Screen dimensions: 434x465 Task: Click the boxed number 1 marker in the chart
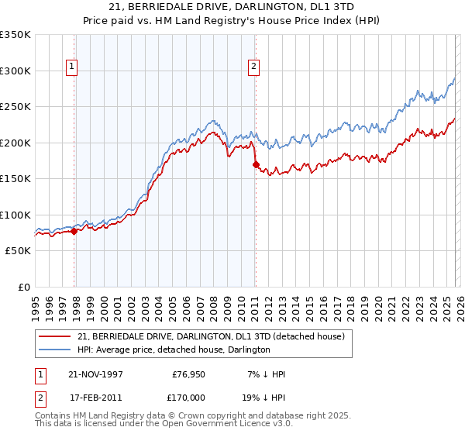[71, 67]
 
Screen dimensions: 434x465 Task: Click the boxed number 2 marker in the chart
[253, 67]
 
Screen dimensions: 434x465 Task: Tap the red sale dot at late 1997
[74, 231]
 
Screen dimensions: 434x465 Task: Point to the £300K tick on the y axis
[15, 71]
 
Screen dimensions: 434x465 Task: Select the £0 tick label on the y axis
[23, 287]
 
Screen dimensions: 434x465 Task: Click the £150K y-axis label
[15, 178]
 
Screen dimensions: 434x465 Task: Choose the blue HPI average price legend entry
[174, 350]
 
